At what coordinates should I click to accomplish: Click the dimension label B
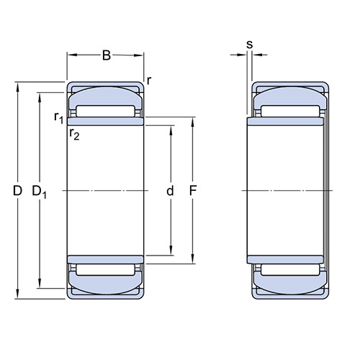pyautogui.click(x=107, y=55)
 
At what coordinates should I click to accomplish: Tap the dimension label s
pyautogui.click(x=250, y=45)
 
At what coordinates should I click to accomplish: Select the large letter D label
pyautogui.click(x=17, y=191)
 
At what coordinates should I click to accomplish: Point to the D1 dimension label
pyautogui.click(x=40, y=192)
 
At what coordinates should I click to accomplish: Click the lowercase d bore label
pyautogui.click(x=170, y=191)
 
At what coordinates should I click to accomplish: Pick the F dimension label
pyautogui.click(x=193, y=191)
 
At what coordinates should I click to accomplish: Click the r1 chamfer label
pyautogui.click(x=59, y=117)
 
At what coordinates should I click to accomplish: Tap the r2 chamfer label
pyautogui.click(x=74, y=134)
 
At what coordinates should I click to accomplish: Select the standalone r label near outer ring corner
pyautogui.click(x=149, y=81)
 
